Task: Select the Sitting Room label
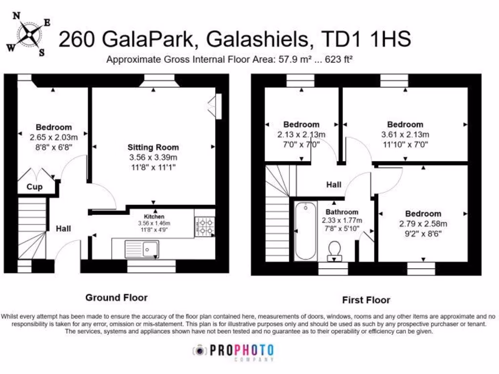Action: (x=153, y=147)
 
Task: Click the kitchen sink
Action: (x=141, y=248)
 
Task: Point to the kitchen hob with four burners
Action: (x=204, y=226)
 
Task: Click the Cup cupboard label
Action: (x=34, y=187)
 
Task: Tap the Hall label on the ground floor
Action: (x=63, y=228)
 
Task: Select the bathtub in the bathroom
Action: (x=306, y=232)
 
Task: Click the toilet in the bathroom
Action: (x=334, y=250)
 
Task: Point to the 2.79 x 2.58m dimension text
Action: (x=423, y=224)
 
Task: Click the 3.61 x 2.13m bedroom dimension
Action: (x=405, y=135)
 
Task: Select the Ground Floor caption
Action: (x=116, y=298)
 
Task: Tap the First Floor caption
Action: (x=366, y=300)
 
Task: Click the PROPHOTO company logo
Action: (x=233, y=351)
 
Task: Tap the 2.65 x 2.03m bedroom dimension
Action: (x=53, y=137)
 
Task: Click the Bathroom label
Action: (x=342, y=212)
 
